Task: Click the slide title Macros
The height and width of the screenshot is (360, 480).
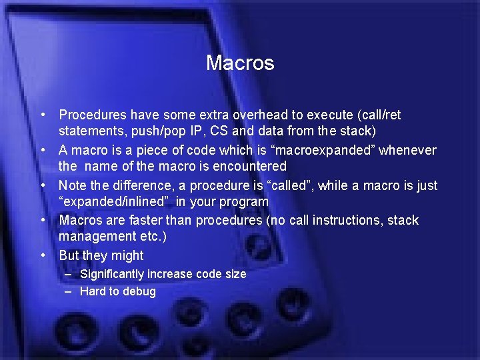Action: tap(240, 63)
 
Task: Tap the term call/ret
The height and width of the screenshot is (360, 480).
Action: tap(379, 115)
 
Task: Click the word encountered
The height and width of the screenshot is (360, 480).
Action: tap(252, 166)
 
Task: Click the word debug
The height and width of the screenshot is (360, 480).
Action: tap(140, 291)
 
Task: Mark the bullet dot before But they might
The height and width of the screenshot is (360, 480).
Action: tap(43, 255)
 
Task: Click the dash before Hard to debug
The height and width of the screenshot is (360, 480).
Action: tap(69, 291)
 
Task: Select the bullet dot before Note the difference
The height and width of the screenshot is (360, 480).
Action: tap(43, 185)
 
